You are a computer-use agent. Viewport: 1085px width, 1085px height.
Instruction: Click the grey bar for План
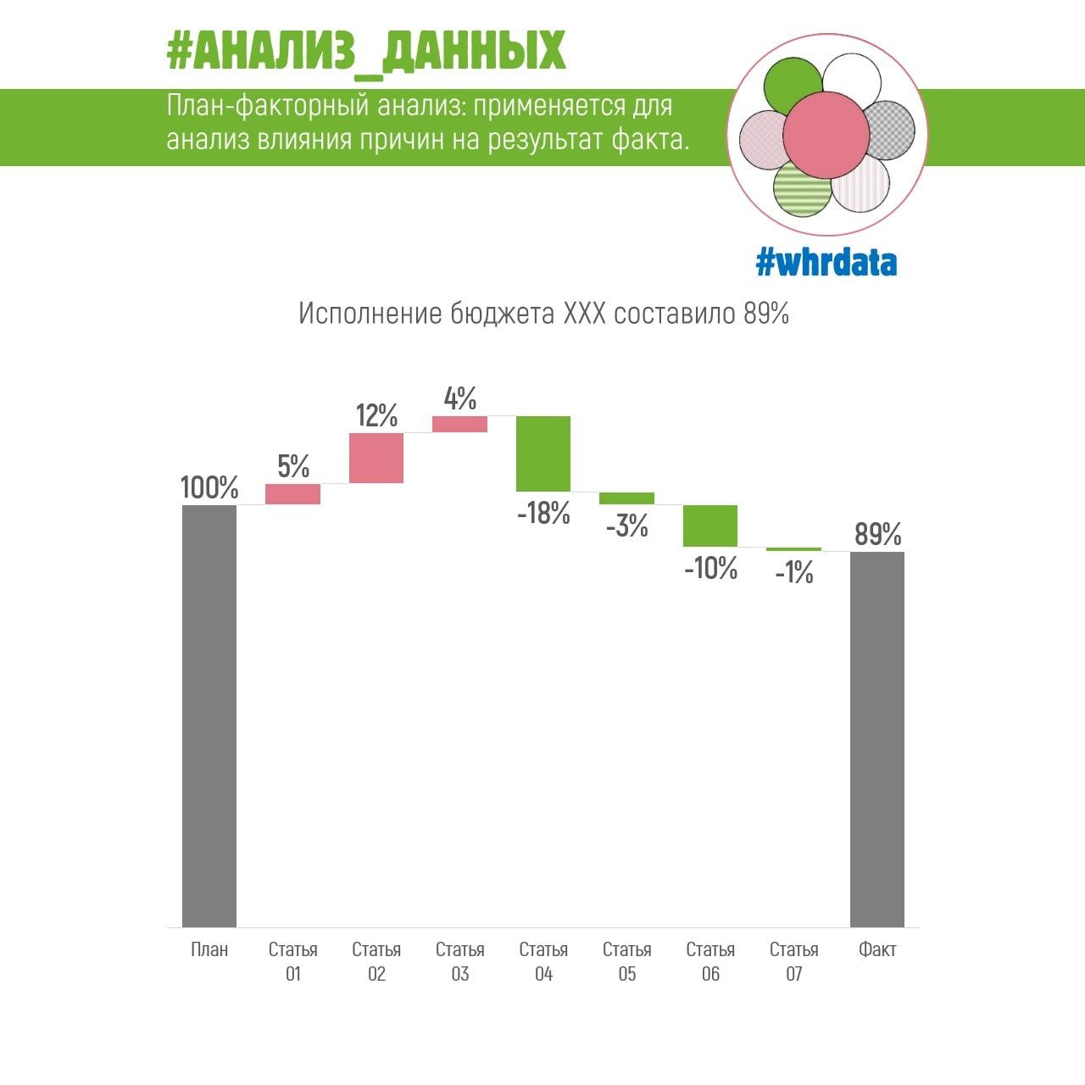pos(209,715)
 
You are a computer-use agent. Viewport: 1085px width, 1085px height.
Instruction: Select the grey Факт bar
pos(877,738)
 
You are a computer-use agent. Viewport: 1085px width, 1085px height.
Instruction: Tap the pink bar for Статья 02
pos(376,458)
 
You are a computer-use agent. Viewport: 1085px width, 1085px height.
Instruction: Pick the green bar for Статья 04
pos(543,453)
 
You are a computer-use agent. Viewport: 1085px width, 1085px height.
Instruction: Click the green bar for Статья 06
pos(710,526)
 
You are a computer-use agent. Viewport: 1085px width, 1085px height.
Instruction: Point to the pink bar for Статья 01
pos(293,494)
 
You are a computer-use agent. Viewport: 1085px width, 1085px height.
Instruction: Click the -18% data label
pos(543,513)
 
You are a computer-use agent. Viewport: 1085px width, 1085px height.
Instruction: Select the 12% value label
pos(376,415)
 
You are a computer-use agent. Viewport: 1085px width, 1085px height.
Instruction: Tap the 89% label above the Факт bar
pos(877,534)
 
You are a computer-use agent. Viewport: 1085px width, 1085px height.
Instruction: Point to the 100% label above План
pos(209,487)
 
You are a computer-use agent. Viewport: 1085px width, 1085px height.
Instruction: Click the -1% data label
pos(794,573)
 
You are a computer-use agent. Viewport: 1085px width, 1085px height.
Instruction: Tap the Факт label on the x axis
pos(877,949)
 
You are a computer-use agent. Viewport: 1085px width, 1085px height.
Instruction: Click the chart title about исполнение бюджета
pos(543,314)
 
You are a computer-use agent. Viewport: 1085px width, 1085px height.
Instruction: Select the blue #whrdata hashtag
pos(826,263)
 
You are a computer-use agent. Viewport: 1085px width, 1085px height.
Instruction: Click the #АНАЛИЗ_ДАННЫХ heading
pos(365,52)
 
